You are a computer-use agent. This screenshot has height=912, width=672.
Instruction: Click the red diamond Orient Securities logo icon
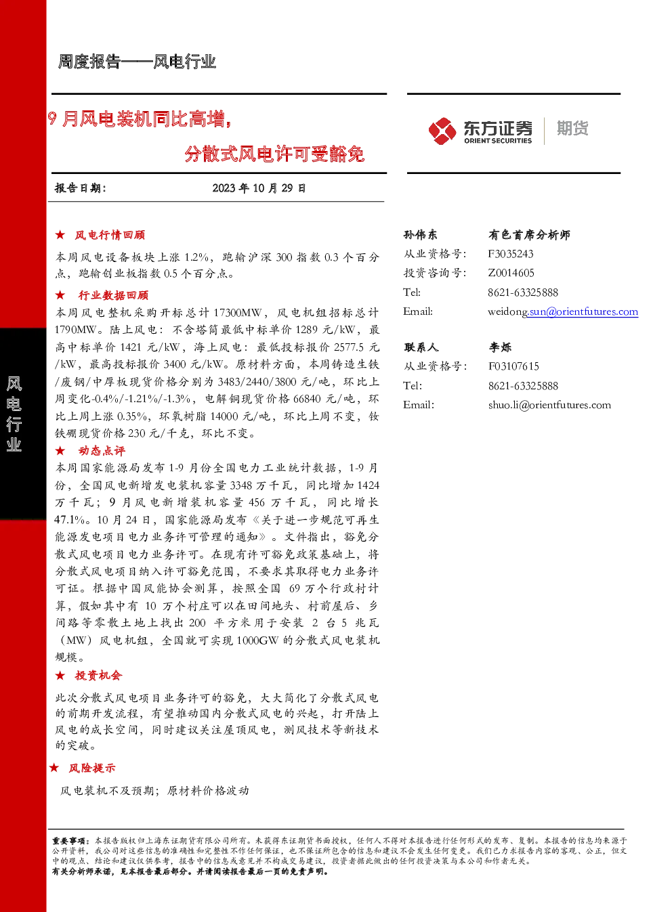tap(442, 131)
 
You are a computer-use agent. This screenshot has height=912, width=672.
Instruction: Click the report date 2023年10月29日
tap(259, 188)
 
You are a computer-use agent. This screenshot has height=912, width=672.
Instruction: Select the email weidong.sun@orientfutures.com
tap(563, 312)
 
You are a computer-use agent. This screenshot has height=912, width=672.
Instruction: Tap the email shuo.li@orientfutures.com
tap(549, 405)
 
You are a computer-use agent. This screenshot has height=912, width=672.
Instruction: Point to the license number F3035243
tap(511, 254)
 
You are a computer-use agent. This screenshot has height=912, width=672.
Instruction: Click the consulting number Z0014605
tap(511, 273)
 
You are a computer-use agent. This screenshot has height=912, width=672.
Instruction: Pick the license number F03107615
tap(513, 366)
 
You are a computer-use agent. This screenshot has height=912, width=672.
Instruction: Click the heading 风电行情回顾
tap(110, 235)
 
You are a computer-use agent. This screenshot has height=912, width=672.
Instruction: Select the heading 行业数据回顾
tap(113, 295)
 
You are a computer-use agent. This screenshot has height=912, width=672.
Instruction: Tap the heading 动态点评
tap(102, 451)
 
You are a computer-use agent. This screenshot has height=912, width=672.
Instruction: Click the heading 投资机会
tap(98, 676)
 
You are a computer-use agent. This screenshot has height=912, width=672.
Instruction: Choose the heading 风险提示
tap(92, 768)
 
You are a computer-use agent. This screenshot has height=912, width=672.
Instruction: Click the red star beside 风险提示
tap(54, 768)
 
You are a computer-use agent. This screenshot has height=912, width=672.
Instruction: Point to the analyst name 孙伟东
tap(420, 235)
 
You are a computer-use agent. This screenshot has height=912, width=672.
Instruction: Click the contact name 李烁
tap(500, 347)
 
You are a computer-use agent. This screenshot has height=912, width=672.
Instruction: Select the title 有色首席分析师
tap(529, 235)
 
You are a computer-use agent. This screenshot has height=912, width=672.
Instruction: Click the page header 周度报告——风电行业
tap(137, 62)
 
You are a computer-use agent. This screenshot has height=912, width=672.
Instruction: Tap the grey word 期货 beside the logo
tap(572, 128)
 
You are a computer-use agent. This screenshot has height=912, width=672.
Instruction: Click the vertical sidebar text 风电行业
tap(14, 414)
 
